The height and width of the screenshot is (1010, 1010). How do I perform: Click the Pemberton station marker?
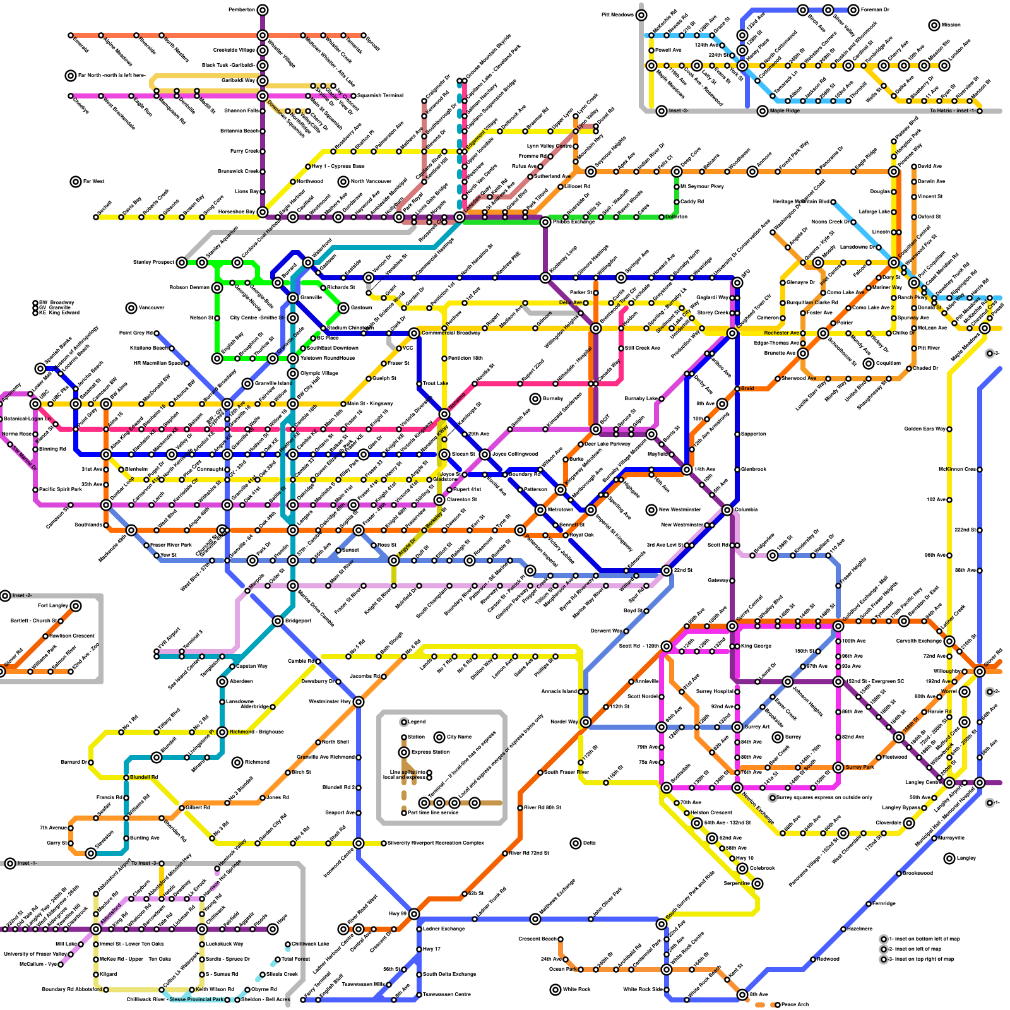[263, 9]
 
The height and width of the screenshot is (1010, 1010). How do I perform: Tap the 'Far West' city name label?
[93, 182]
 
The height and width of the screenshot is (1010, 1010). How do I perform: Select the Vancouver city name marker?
[131, 308]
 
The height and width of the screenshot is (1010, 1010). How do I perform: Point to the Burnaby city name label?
[553, 399]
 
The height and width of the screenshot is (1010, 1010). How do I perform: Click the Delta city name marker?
[575, 843]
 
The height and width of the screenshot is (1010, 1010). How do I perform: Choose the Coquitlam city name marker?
[869, 363]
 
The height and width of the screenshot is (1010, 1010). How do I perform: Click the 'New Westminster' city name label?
[680, 509]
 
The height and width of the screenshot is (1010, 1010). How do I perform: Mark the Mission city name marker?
[934, 25]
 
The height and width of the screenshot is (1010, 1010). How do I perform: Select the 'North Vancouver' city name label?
[371, 182]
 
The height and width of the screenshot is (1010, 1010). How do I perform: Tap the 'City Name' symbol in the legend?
[439, 737]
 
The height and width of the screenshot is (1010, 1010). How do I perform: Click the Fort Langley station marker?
[76, 606]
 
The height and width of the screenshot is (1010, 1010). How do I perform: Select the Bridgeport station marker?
[278, 621]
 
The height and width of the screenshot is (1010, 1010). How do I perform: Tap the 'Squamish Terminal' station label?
[380, 96]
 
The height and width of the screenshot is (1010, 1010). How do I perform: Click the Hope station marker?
[273, 929]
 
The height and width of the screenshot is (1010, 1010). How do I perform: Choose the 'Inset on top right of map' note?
[924, 959]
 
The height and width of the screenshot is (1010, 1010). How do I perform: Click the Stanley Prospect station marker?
[182, 262]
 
